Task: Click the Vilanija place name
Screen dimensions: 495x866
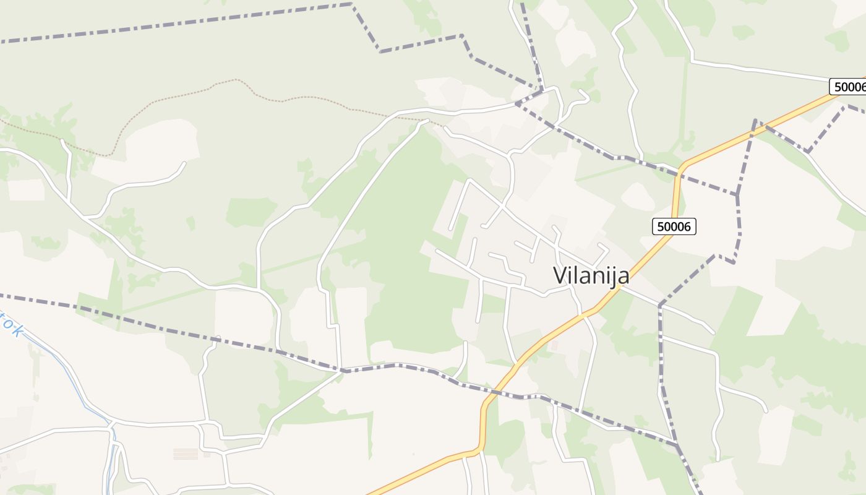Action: coord(591,275)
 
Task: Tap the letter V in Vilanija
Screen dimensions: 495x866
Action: coord(560,275)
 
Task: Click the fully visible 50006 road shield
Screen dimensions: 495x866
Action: coord(674,226)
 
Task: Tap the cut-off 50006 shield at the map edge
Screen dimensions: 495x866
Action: coord(849,87)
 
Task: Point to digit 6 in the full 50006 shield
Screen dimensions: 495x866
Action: coord(687,226)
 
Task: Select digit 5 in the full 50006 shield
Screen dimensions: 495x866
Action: coord(661,226)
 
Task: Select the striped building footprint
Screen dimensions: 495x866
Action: coord(186,454)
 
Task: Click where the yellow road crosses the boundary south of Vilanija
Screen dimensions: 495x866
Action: coord(499,392)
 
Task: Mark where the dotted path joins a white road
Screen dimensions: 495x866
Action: coord(427,120)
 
